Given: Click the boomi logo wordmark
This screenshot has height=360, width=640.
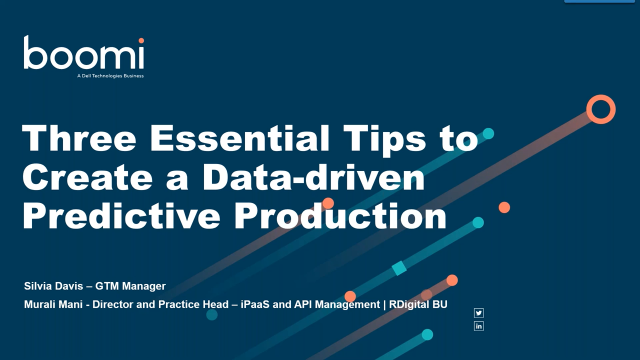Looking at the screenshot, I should tap(85, 54).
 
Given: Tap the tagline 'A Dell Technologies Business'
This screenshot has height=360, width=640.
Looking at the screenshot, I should tap(111, 76).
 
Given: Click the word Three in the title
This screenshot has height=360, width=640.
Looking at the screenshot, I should tap(71, 139).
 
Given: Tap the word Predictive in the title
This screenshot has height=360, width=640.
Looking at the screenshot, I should tap(117, 215).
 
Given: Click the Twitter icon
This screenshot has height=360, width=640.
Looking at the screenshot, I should tap(479, 313).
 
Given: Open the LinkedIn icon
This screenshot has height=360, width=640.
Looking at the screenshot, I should tap(479, 326).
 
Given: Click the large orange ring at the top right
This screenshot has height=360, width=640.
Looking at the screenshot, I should tap(600, 109).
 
